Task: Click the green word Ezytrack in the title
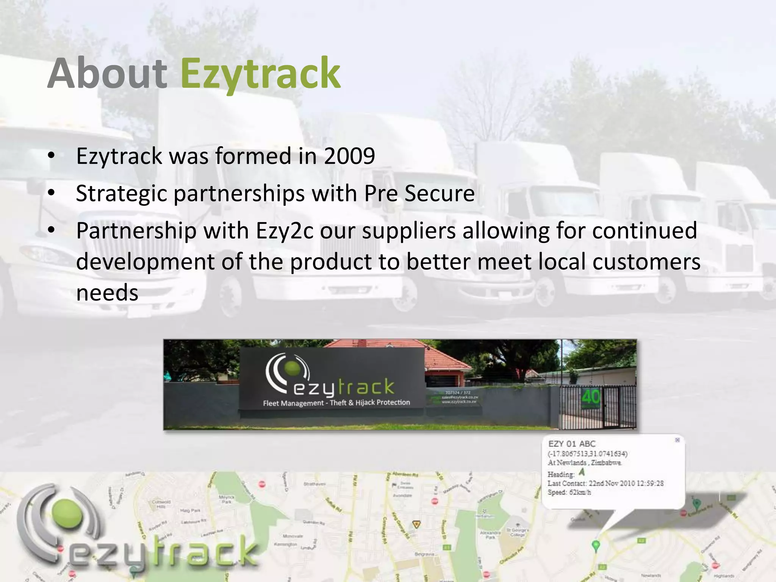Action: tap(260, 74)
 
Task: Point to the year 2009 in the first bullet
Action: tap(349, 156)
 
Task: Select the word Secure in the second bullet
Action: tap(440, 193)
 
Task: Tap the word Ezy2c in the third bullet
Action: tap(285, 230)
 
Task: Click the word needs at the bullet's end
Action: tap(107, 293)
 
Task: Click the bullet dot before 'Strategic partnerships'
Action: tap(52, 193)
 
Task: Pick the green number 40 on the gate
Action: tap(591, 397)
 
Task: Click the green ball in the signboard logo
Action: tap(292, 369)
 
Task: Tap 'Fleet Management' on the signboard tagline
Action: tap(293, 403)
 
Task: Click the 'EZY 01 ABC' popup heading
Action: tap(572, 444)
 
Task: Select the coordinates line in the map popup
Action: tap(587, 454)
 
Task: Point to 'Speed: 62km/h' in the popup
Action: tap(569, 493)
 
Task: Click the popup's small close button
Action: tap(677, 440)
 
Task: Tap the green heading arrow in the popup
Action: tap(582, 472)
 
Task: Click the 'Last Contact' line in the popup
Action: tap(605, 483)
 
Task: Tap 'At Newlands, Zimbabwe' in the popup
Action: tap(584, 463)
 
